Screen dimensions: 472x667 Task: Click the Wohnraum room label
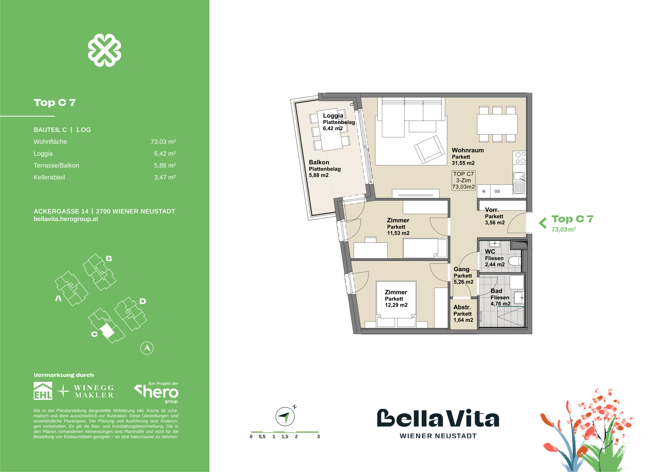tap(467, 150)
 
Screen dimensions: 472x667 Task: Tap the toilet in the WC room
tap(516, 261)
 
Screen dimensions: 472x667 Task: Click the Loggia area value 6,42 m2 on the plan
tap(333, 129)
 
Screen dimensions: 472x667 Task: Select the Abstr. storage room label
tap(462, 307)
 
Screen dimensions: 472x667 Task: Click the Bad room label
tap(496, 291)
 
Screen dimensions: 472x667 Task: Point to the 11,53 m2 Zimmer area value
tap(398, 233)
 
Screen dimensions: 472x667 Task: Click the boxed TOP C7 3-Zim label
tap(463, 180)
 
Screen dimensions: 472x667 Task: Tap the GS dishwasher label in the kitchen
tap(497, 191)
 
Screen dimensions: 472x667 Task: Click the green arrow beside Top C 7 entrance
tap(542, 223)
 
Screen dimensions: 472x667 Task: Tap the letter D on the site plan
tap(142, 301)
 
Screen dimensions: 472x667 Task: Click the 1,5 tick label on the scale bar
tap(285, 437)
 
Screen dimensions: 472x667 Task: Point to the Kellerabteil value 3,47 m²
tap(165, 177)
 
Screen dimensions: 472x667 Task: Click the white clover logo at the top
tap(105, 50)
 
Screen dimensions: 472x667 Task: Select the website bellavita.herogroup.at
tap(66, 219)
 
